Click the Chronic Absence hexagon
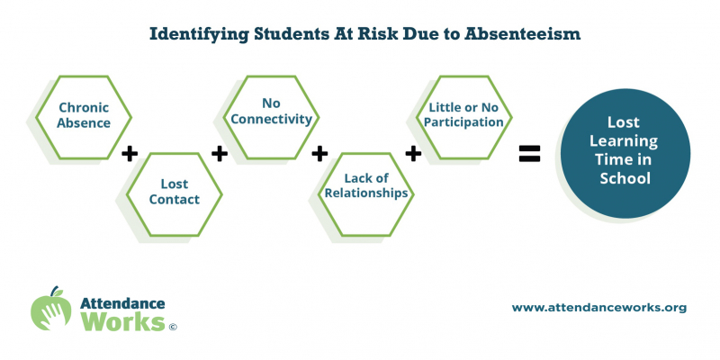[x=84, y=117]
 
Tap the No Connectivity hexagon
[x=271, y=117]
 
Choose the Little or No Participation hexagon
[x=463, y=117]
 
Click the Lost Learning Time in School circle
[x=625, y=153]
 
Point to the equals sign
[x=529, y=153]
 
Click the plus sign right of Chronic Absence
[x=130, y=154]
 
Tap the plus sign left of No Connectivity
[x=220, y=154]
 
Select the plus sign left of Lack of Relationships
[x=319, y=154]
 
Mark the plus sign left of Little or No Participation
[x=413, y=154]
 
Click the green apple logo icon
[x=51, y=309]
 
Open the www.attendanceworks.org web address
[x=599, y=308]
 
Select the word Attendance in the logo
[x=122, y=303]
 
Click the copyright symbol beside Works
[x=173, y=327]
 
